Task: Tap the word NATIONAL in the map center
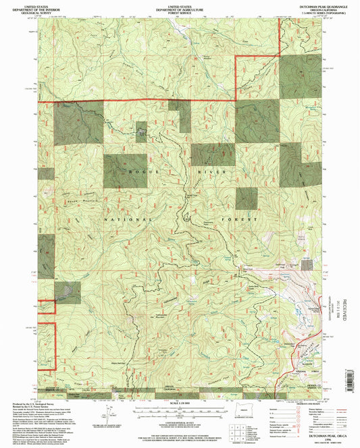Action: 124,219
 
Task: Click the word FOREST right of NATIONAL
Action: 243,220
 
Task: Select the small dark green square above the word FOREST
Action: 247,198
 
